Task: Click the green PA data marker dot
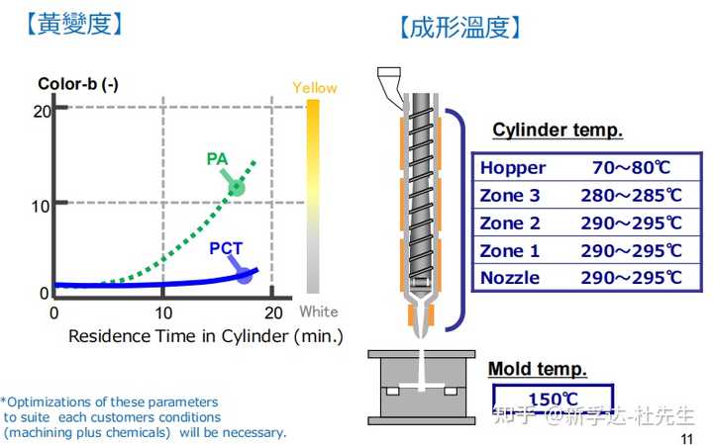pos(237,188)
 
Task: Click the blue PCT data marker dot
pos(244,277)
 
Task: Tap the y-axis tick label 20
pos(41,111)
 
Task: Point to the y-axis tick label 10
pos(41,206)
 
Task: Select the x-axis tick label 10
pos(164,312)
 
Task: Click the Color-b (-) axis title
pos(78,84)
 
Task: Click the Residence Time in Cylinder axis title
pos(206,336)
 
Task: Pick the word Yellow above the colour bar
pos(314,88)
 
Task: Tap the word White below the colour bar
pos(319,311)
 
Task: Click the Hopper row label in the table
pos(513,167)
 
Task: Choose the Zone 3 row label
pos(510,195)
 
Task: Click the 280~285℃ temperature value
pos(631,195)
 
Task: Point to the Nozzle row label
pos(510,278)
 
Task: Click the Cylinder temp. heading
pos(558,131)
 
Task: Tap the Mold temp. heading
pos(538,370)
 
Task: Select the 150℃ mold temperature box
pos(553,400)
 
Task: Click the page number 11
pos(687,439)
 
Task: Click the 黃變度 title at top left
pos(74,23)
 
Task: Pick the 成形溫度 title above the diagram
pos(459,27)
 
